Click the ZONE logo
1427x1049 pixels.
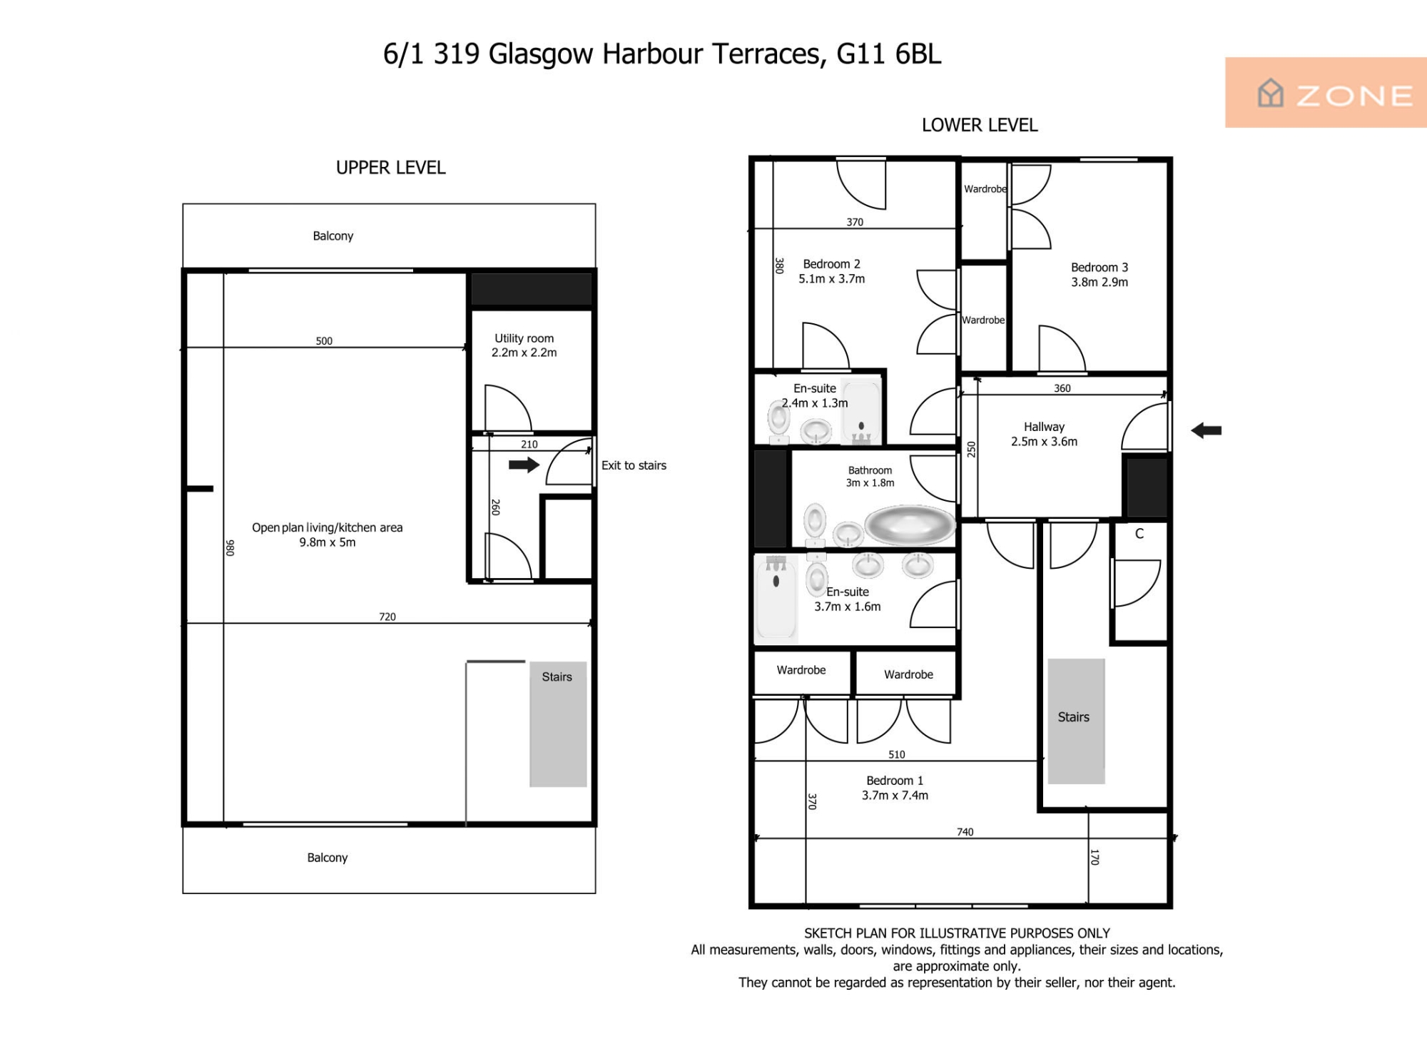pyautogui.click(x=1326, y=93)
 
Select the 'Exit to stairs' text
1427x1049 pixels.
pyautogui.click(x=634, y=465)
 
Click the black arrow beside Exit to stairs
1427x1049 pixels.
pyautogui.click(x=524, y=465)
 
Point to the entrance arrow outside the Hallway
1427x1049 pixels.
pyautogui.click(x=1207, y=430)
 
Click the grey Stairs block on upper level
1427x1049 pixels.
pyautogui.click(x=558, y=724)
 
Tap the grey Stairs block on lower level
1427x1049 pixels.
pyautogui.click(x=1076, y=721)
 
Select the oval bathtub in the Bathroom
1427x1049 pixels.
pyautogui.click(x=910, y=526)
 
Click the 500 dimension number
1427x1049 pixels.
pyautogui.click(x=324, y=341)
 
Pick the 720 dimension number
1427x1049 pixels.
pyautogui.click(x=387, y=617)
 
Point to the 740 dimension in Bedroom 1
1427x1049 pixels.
pyautogui.click(x=965, y=832)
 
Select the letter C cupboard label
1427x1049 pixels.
pyautogui.click(x=1139, y=534)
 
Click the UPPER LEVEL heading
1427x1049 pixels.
pyautogui.click(x=391, y=168)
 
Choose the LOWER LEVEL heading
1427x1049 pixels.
pyautogui.click(x=980, y=125)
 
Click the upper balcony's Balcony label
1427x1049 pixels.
pyautogui.click(x=333, y=236)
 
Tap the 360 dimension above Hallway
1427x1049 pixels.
pyautogui.click(x=1062, y=388)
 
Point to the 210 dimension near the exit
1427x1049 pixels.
pyautogui.click(x=529, y=444)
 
